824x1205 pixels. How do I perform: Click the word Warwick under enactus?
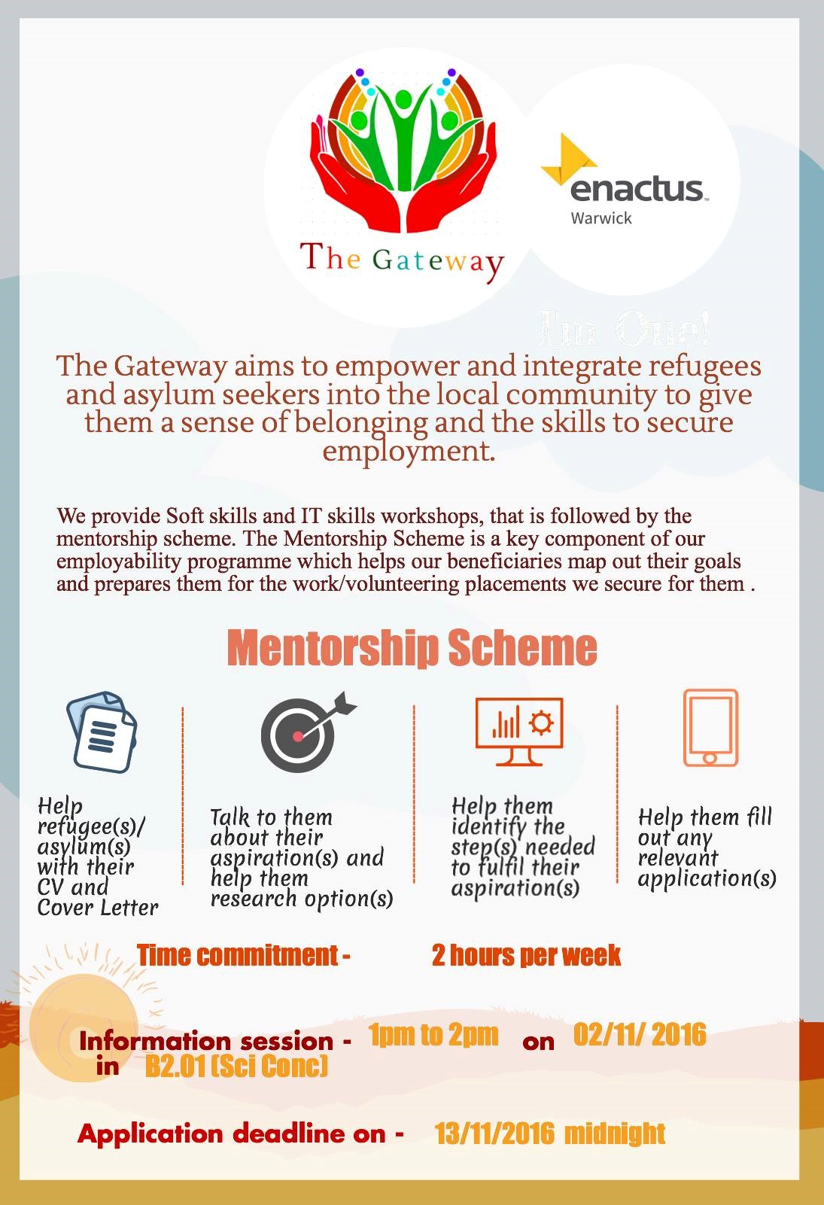tap(601, 218)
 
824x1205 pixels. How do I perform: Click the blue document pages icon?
tap(102, 732)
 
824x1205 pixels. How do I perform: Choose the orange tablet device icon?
tap(710, 728)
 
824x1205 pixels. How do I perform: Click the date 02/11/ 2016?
tap(640, 1035)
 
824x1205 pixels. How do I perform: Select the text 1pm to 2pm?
tap(433, 1035)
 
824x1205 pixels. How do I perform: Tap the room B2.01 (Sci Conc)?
tap(236, 1066)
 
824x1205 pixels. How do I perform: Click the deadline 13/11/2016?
tap(494, 1133)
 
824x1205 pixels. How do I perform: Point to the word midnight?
tap(615, 1133)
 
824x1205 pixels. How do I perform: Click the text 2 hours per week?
tap(526, 955)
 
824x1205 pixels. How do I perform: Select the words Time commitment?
tap(238, 955)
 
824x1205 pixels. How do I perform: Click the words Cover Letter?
tap(98, 908)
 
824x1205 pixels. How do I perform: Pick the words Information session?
tap(206, 1041)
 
